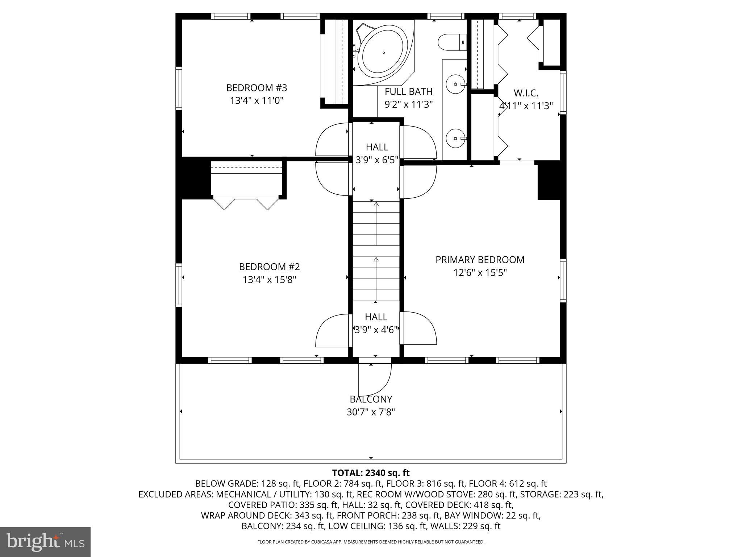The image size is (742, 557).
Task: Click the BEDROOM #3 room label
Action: pos(257,88)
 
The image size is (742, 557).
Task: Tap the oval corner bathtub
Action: pos(383,53)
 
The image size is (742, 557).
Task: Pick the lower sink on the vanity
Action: pos(455,138)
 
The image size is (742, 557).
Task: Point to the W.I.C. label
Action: pos(526,93)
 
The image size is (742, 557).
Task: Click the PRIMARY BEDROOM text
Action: pos(480,260)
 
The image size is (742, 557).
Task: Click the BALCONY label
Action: pos(371,399)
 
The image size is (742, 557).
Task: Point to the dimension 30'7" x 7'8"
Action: pos(371,412)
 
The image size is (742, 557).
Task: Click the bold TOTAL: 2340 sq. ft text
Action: pos(371,473)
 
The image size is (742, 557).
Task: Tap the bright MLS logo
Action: pos(45,542)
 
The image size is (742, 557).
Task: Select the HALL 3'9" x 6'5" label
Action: pos(377,153)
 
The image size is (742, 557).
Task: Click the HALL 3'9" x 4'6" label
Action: pos(376,323)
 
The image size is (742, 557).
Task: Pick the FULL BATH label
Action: pos(408,91)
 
